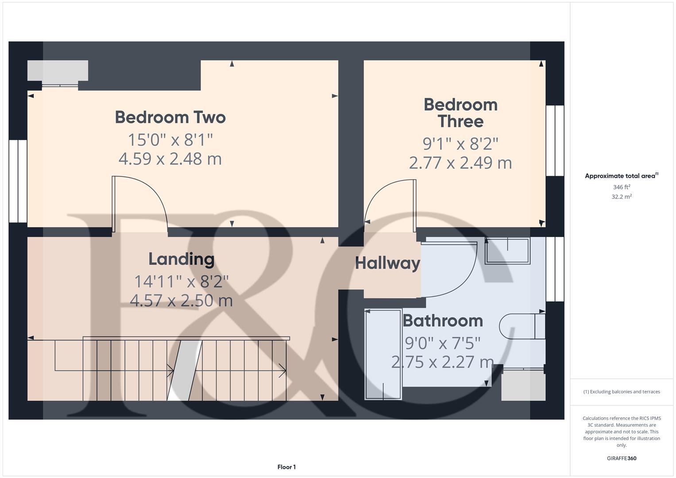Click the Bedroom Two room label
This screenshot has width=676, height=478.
170,117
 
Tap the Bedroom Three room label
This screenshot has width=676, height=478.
460,113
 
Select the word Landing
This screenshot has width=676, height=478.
182,259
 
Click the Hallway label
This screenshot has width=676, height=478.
387,263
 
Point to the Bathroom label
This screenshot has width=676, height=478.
443,320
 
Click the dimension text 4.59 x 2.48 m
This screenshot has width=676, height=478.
170,159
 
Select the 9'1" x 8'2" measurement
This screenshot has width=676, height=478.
460,144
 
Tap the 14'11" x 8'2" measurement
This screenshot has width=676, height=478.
182,281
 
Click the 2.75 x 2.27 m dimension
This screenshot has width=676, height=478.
442,362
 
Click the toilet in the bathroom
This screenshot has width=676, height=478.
522,326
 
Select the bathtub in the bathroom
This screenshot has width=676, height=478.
383,354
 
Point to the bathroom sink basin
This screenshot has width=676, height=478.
508,251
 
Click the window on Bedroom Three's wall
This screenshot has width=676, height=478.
555,141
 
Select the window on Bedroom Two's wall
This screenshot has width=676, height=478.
18,181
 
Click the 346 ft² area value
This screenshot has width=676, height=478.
622,187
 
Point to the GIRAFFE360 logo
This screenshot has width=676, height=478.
622,459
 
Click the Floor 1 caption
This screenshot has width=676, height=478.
286,467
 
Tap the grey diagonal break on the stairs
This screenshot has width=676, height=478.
185,370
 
